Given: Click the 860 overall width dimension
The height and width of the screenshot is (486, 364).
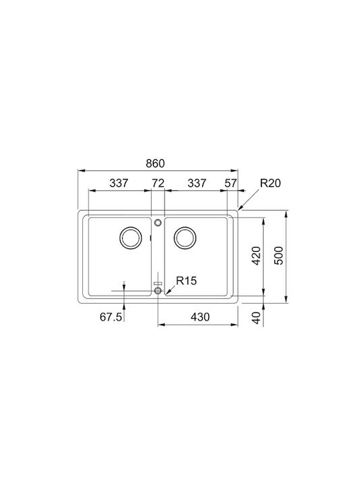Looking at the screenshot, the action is [x=156, y=163].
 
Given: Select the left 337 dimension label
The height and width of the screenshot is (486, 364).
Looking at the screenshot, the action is [x=119, y=183].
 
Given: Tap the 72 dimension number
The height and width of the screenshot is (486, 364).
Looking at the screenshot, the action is [x=158, y=183].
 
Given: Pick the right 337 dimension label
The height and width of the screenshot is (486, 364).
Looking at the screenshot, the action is [x=197, y=183].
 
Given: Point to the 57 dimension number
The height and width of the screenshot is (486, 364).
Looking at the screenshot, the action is [x=231, y=183].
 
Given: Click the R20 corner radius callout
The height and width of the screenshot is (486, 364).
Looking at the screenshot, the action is [x=270, y=183].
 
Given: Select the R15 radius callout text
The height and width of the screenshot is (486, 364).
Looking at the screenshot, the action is [x=186, y=281].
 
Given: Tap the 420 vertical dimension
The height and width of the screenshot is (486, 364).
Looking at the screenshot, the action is [x=256, y=256].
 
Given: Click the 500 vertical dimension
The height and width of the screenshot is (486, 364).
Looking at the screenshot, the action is [x=278, y=256].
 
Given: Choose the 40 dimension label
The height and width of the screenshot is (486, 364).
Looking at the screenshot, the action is [x=257, y=318].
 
